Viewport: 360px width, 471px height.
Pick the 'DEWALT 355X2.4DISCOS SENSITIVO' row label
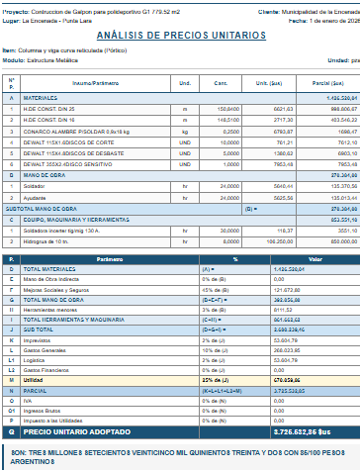pos(66,165)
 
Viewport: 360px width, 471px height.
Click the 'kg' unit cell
pos(185,129)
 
